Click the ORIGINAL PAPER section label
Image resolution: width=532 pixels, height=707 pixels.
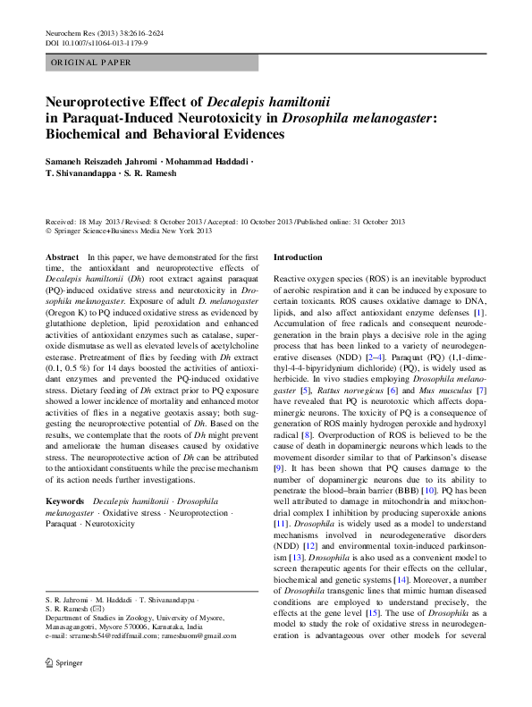click(x=91, y=63)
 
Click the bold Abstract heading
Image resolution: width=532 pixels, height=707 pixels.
click(x=61, y=257)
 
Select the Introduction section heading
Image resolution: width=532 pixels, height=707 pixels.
click(x=297, y=257)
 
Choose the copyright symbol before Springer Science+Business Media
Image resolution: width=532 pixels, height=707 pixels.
click(x=48, y=231)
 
